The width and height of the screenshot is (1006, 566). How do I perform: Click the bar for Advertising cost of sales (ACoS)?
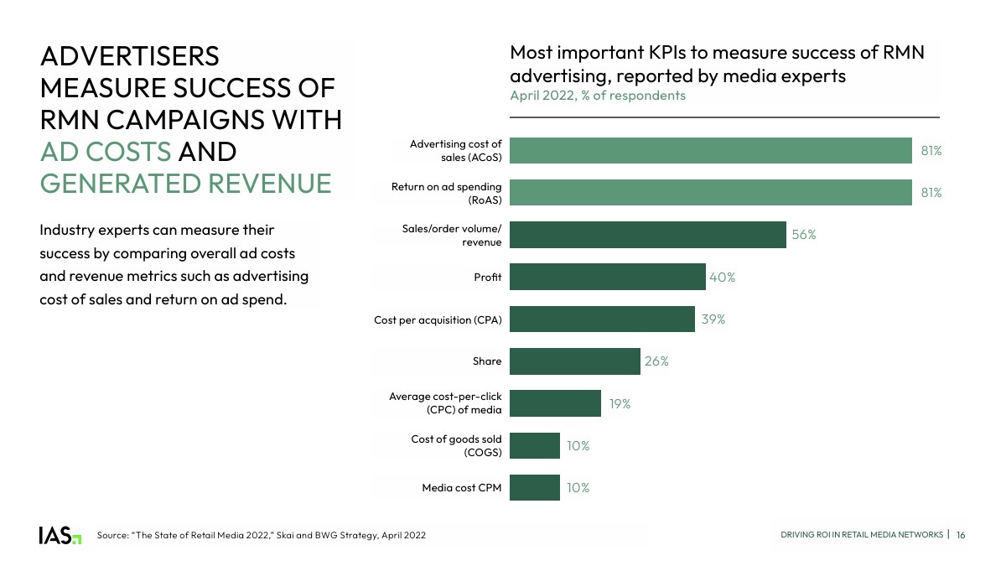coord(710,151)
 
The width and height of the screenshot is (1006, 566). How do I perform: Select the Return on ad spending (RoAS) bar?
coord(710,193)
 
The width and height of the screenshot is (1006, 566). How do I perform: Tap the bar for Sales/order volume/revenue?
coord(647,235)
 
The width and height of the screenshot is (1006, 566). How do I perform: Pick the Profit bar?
coord(608,277)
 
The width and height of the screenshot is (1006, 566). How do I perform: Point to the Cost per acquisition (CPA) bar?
coord(602,319)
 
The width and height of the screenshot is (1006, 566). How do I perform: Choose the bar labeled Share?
coord(574,361)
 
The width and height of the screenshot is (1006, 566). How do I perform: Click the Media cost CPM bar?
coord(534,487)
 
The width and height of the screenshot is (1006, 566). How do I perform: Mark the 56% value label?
coord(804,235)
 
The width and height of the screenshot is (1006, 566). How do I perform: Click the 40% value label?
coord(723,277)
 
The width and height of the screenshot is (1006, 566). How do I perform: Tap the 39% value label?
coord(713,319)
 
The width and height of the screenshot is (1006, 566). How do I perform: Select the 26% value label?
coord(657,361)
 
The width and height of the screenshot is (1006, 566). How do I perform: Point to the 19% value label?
coord(620,403)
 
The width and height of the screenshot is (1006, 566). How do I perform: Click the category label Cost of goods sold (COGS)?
coord(456,445)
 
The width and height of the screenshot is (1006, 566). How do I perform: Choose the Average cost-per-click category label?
coord(445,402)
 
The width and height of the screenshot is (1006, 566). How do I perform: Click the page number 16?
coord(961,535)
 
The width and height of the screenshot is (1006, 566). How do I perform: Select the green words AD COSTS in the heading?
coord(106,152)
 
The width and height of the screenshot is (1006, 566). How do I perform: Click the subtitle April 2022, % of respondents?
coord(598,96)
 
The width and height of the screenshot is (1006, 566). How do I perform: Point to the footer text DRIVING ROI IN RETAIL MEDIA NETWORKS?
coord(862,535)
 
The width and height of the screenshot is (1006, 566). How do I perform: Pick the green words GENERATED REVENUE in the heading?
coord(185,183)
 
